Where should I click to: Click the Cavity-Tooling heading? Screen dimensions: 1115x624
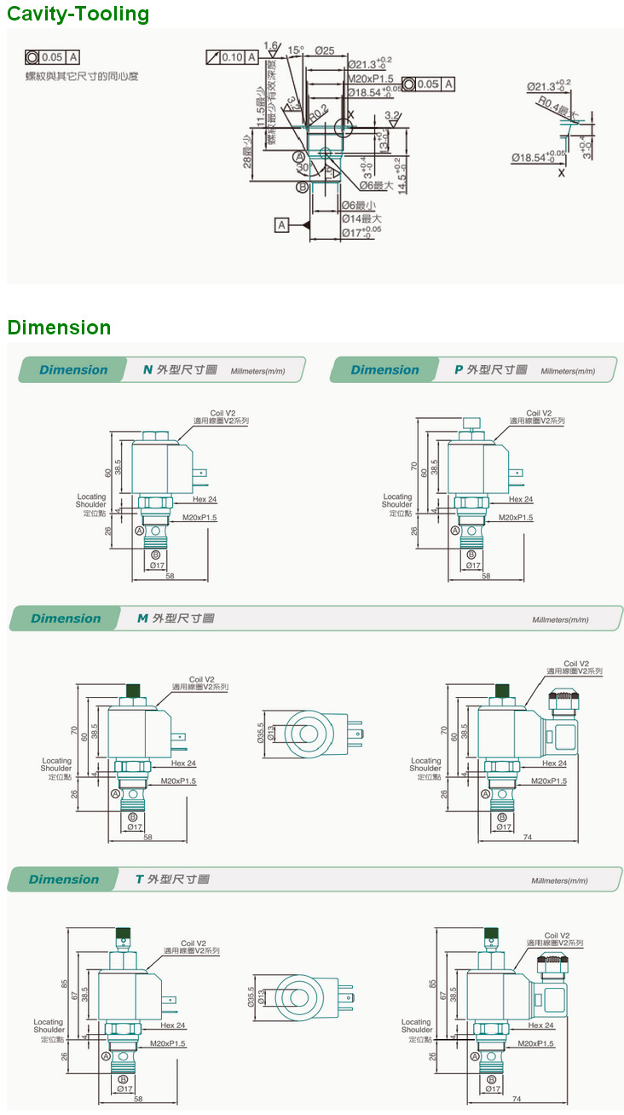(78, 14)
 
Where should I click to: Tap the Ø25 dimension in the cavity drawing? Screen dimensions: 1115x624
(324, 51)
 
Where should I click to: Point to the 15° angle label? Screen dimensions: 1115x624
(295, 50)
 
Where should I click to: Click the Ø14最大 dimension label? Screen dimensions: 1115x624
(361, 218)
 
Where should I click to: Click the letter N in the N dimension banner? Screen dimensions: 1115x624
(147, 369)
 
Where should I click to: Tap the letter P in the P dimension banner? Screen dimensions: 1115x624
(459, 369)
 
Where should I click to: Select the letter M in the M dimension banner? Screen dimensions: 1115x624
(143, 618)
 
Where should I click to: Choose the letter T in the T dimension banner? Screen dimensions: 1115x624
(139, 879)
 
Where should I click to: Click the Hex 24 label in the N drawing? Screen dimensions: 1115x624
(205, 500)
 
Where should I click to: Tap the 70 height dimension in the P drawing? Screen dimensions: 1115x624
(414, 467)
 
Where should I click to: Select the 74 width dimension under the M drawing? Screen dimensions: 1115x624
(529, 837)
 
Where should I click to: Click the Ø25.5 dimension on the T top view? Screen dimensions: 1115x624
(251, 996)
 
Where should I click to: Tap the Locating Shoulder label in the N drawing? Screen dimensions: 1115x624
(91, 501)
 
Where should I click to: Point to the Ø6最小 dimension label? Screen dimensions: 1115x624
(359, 206)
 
